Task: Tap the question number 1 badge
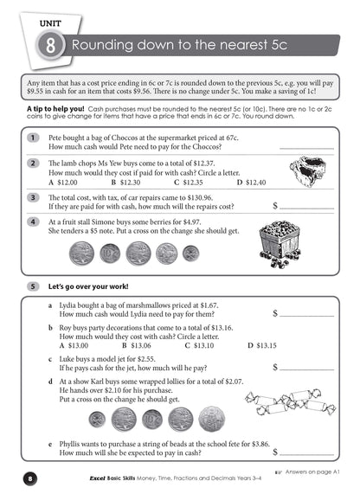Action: pyautogui.click(x=32, y=138)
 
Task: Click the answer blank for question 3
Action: pyautogui.click(x=308, y=208)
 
